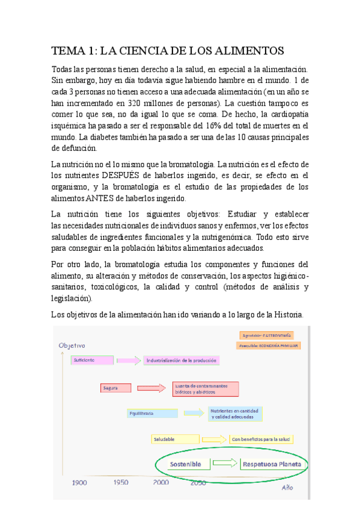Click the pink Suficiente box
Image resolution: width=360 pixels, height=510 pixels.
pyautogui.click(x=91, y=360)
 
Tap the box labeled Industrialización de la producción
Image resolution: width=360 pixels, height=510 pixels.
pyautogui.click(x=180, y=360)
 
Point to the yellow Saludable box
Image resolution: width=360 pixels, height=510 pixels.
pyautogui.click(x=175, y=439)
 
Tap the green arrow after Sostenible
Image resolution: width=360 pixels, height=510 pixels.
pyautogui.click(x=225, y=464)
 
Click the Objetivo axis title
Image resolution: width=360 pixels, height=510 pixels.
pyautogui.click(x=72, y=345)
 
